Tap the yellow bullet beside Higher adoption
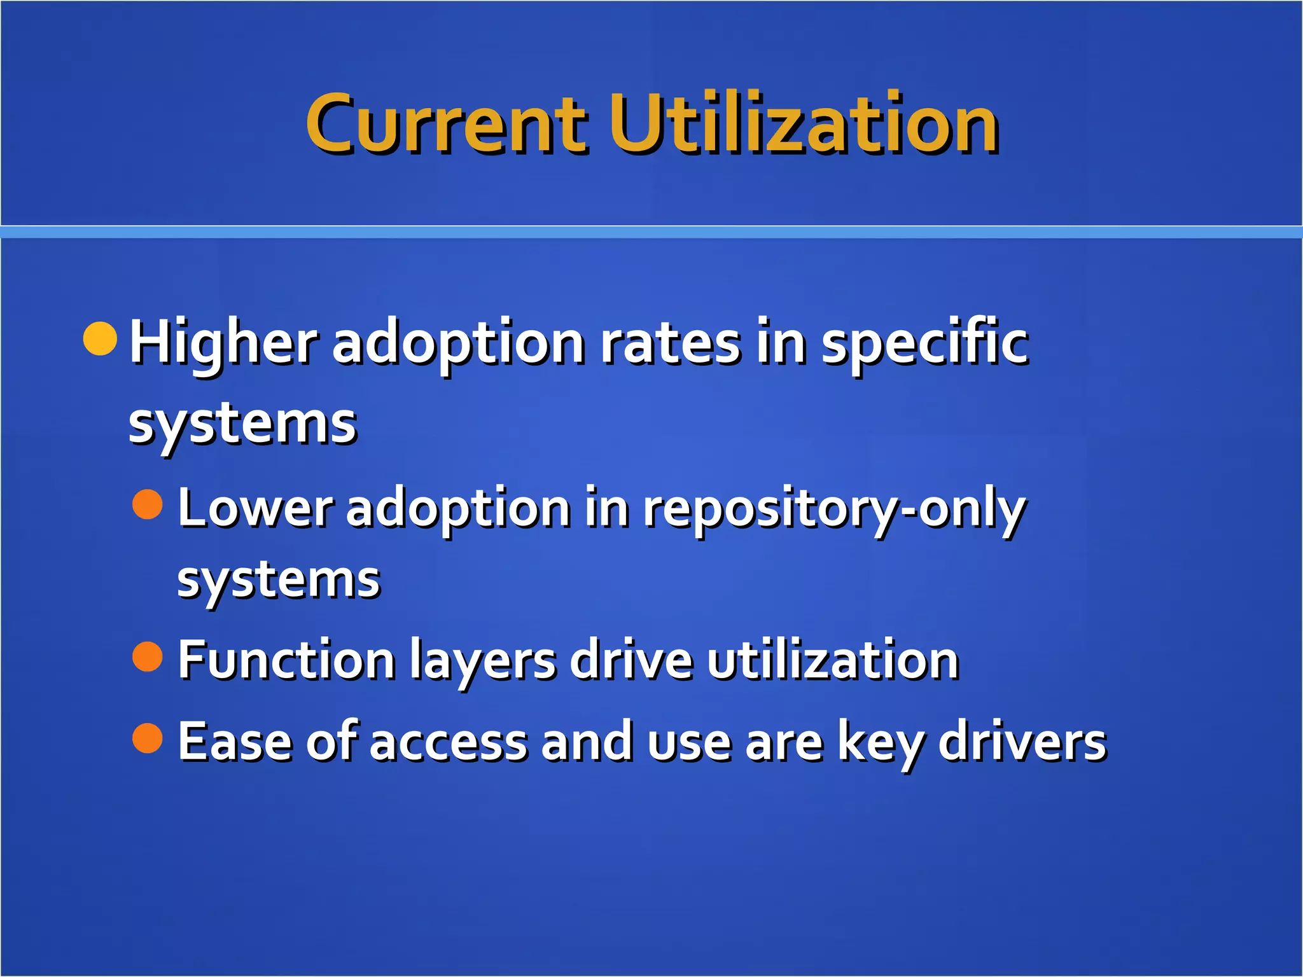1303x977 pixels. (x=101, y=338)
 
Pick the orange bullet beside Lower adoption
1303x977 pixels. (x=148, y=504)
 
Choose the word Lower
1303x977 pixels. (x=255, y=509)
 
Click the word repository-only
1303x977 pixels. (x=833, y=510)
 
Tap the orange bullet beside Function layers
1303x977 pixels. (x=148, y=656)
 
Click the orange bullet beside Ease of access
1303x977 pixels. (x=148, y=738)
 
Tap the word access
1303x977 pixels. (x=449, y=743)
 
